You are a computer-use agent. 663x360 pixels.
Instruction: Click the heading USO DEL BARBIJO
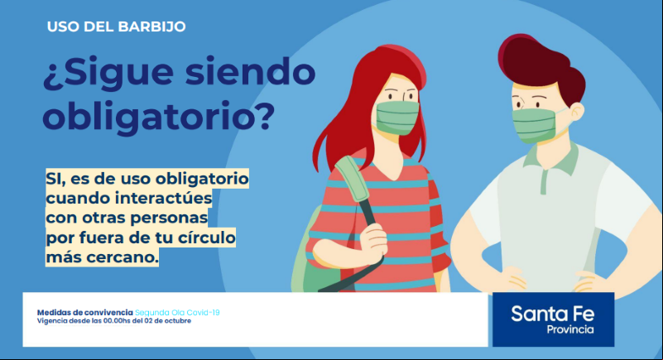pos(116,26)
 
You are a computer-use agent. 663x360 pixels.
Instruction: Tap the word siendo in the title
pos(250,71)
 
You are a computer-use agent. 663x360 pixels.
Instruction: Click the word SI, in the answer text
pos(56,179)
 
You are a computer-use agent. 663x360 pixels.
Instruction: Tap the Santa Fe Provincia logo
pos(553,319)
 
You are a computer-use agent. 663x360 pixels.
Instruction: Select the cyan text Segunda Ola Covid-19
pos(177,313)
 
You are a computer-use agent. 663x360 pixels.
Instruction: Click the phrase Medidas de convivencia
pos(85,313)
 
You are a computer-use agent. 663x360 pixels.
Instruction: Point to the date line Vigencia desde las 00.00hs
pos(114,321)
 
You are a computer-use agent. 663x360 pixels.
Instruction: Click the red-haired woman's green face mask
pos(397,117)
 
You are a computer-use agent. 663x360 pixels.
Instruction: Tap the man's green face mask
pos(534,125)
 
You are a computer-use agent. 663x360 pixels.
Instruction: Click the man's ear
pos(575,112)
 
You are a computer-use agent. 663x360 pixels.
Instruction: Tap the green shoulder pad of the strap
pos(353,178)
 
